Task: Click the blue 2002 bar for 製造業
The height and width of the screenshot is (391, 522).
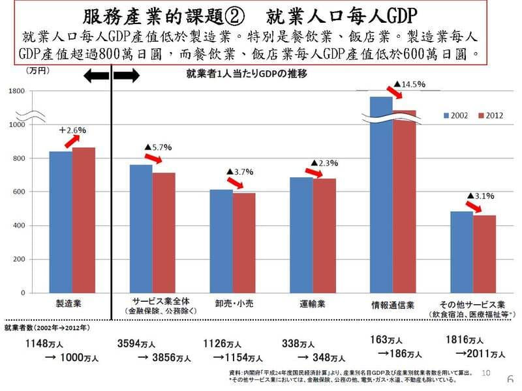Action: pos(61,222)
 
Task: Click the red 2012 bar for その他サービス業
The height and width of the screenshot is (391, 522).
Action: pos(484,253)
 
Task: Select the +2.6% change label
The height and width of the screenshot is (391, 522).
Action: pos(72,130)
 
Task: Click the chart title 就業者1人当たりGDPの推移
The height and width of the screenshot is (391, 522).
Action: pos(247,74)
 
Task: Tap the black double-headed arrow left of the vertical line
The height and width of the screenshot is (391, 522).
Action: pos(97,76)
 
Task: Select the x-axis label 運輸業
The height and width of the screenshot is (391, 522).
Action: pos(313,304)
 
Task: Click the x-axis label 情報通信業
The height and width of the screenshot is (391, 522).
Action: pos(392,304)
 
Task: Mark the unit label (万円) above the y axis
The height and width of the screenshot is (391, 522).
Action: pos(37,68)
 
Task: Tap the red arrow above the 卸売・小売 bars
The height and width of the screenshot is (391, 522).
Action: pos(234,184)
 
